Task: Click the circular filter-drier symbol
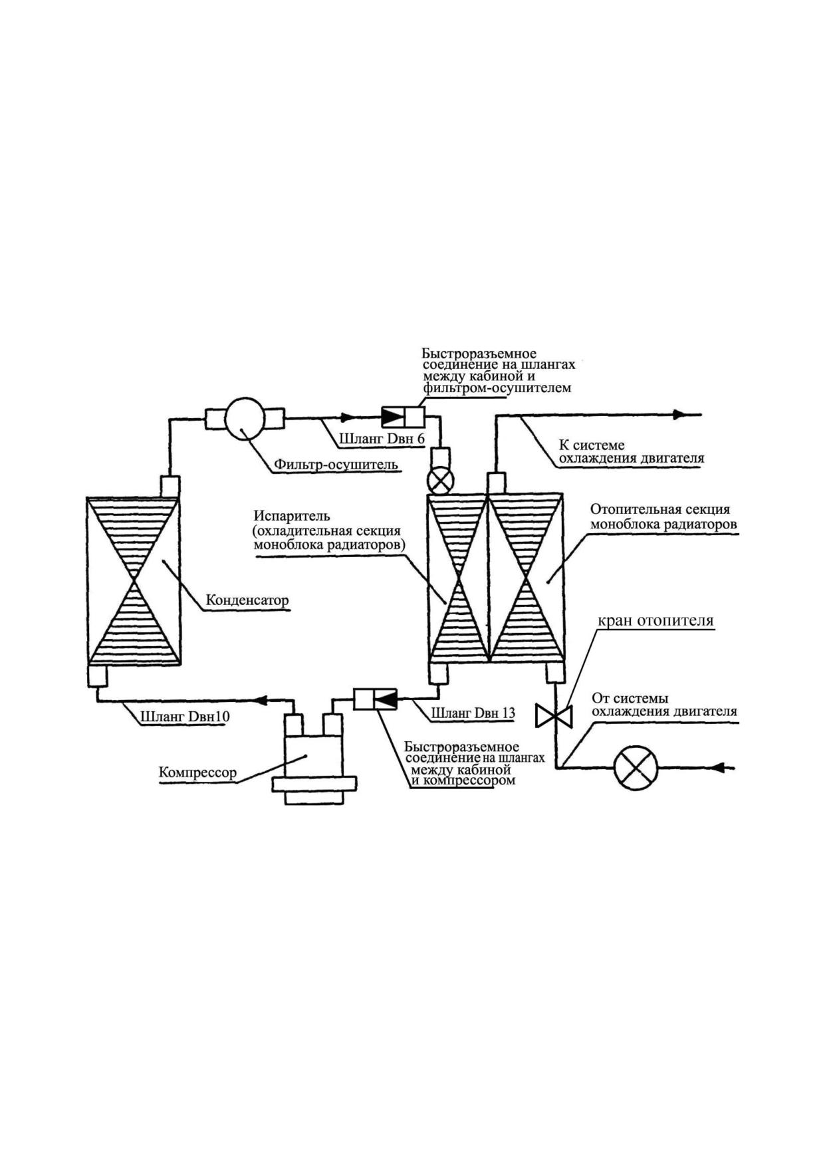[x=245, y=418]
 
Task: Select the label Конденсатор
[x=247, y=601]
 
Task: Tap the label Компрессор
[x=197, y=773]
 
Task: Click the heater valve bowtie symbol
[x=554, y=716]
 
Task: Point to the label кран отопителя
[x=655, y=621]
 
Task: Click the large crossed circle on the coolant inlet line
[x=635, y=768]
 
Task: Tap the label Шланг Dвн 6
[x=382, y=439]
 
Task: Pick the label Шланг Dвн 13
[x=473, y=713]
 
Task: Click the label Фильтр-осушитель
[x=335, y=464]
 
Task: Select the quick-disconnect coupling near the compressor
[x=375, y=699]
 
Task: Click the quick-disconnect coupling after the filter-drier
[x=403, y=417]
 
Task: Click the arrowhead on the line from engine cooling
[x=717, y=768]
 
